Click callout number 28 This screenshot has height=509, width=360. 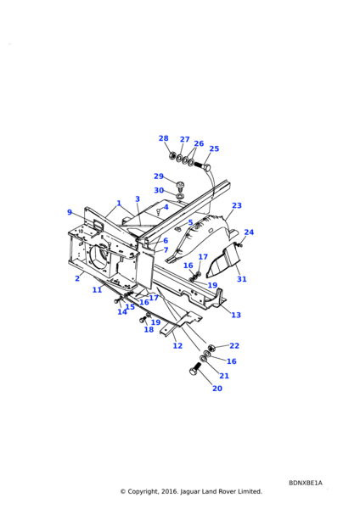163,138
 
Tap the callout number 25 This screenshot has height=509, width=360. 214,148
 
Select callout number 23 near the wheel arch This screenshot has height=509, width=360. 237,205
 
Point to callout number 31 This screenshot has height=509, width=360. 242,279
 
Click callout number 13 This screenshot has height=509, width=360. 236,315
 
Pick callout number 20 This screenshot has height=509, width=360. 217,389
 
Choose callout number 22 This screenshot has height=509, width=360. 234,346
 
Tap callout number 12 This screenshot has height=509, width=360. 177,346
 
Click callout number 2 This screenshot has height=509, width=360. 77,278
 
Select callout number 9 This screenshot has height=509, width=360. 70,212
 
